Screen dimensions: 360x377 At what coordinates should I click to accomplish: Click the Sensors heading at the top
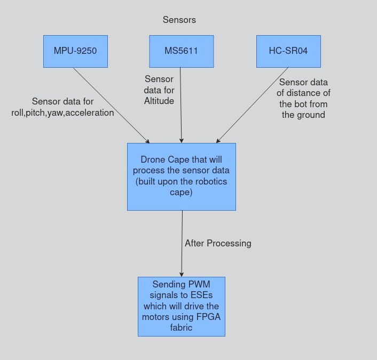point(179,20)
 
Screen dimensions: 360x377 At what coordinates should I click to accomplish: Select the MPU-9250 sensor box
point(75,51)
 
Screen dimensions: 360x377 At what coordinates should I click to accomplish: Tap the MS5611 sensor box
point(181,51)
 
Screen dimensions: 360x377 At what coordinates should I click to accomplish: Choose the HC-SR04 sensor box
point(288,51)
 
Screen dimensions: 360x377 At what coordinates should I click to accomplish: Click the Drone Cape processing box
point(181,177)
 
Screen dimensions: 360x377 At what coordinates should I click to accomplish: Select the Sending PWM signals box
point(181,306)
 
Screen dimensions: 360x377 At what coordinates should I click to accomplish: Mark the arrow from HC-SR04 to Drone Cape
point(252,105)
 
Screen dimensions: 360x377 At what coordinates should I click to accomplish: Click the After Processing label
point(218,243)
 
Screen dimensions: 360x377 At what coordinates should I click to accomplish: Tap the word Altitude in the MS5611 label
point(159,100)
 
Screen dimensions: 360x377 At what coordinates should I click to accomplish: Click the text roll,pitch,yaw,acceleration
point(62,113)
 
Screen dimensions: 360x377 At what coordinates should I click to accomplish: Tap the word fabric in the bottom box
point(181,327)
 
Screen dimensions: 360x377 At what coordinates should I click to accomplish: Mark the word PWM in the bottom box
point(199,284)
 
